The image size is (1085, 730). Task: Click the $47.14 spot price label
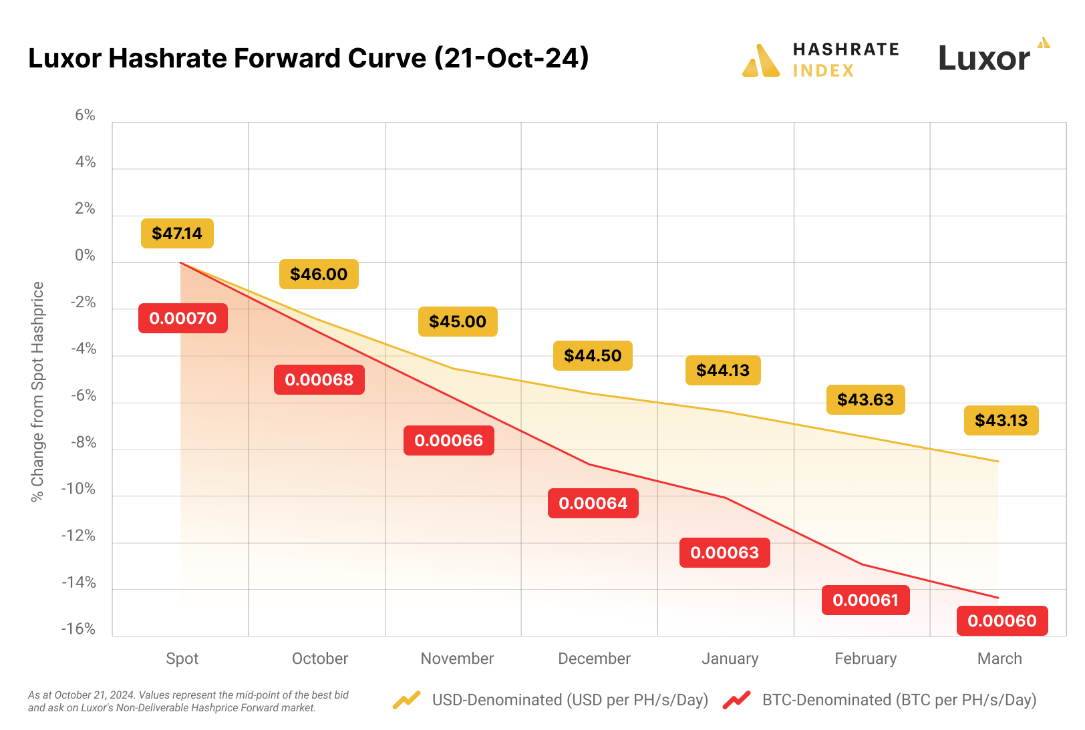click(177, 233)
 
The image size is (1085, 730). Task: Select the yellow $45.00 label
click(458, 321)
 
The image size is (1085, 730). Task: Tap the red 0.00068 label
click(319, 379)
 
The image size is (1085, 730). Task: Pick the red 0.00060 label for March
click(1001, 620)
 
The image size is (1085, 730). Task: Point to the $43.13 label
click(1001, 420)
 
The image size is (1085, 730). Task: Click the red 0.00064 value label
click(593, 503)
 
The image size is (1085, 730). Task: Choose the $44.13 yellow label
click(722, 370)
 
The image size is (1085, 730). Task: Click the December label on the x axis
click(594, 659)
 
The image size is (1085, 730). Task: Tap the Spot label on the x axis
click(182, 659)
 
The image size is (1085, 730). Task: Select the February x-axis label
click(865, 659)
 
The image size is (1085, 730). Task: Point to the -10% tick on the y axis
click(78, 489)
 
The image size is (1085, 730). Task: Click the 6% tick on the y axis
click(85, 116)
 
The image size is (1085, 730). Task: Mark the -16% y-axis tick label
click(78, 629)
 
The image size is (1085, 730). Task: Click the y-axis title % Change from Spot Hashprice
click(37, 391)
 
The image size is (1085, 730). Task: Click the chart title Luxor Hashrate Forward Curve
click(308, 58)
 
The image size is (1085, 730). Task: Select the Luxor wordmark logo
click(984, 59)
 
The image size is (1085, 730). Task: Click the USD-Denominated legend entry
click(569, 700)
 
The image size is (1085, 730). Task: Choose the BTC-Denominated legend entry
click(899, 700)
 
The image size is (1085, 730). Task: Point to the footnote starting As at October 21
click(188, 701)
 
